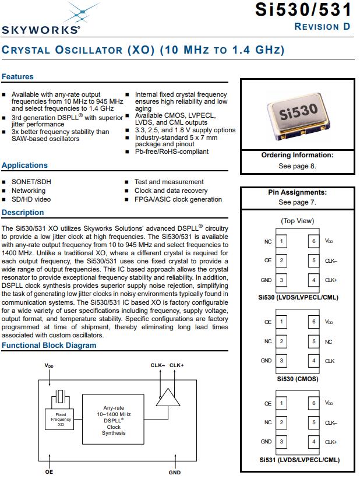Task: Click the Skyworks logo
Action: pos(41,21)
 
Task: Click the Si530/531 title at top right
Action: pos(303,10)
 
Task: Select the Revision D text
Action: pos(322,26)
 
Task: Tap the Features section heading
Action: pos(17,76)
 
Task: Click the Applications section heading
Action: pos(24,165)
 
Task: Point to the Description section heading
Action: pos(23,213)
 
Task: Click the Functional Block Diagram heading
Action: pos(49,346)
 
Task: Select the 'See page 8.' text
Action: pos(297,166)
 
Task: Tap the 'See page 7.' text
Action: pos(297,202)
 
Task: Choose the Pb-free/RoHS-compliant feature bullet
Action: pos(171,152)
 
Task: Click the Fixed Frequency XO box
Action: pos(61,419)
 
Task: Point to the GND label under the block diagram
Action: pos(175,473)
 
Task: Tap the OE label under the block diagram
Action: pos(49,472)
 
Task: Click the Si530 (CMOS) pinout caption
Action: pos(297,379)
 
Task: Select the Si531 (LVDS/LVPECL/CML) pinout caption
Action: pos(297,460)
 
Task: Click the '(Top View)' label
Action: pos(297,221)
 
